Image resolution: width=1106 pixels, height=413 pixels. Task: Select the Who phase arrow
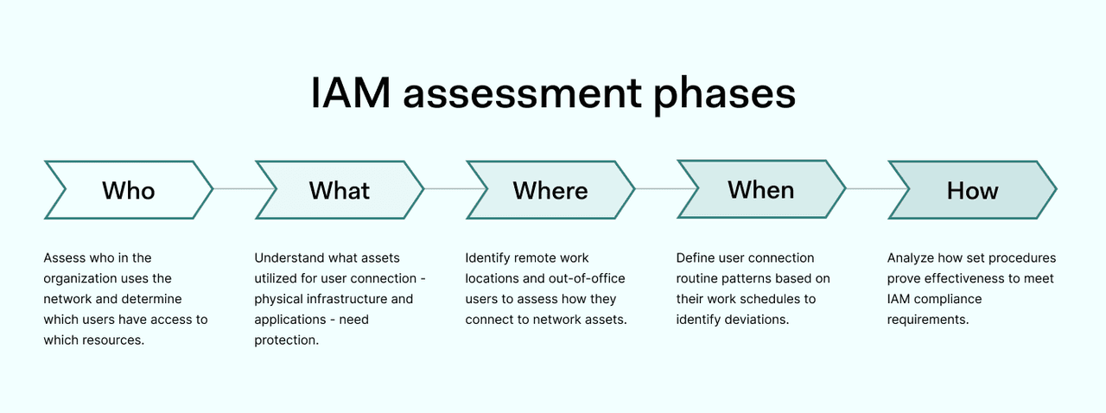click(128, 189)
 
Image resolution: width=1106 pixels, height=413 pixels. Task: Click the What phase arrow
click(340, 189)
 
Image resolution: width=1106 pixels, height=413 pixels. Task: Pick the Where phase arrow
click(550, 189)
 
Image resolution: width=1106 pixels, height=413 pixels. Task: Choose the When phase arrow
click(761, 189)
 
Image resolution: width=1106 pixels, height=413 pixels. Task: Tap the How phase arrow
click(972, 189)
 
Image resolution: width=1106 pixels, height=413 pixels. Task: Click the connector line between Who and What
click(234, 189)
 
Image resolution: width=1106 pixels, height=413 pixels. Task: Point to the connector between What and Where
click(445, 189)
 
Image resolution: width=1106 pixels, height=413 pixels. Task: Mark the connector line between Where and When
click(656, 189)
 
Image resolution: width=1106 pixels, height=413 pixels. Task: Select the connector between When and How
click(867, 189)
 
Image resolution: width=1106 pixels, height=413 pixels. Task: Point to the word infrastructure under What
click(346, 299)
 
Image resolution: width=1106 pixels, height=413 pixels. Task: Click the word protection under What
click(286, 340)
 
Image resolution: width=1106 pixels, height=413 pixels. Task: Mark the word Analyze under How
click(912, 257)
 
